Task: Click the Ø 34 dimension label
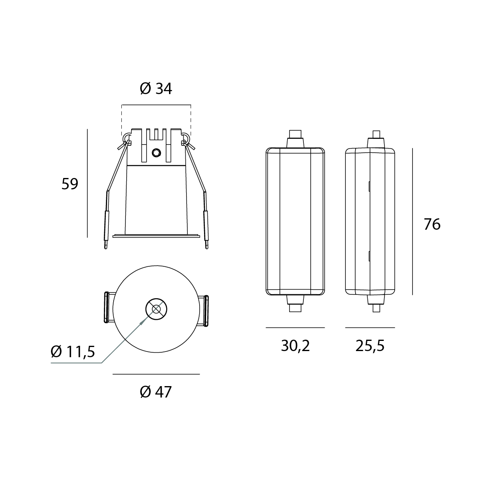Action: pyautogui.click(x=156, y=89)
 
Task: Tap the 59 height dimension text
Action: pyautogui.click(x=70, y=184)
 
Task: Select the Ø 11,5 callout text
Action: pyautogui.click(x=73, y=351)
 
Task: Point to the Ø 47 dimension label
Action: pyautogui.click(x=156, y=392)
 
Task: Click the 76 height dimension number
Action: pyautogui.click(x=432, y=224)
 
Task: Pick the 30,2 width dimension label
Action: pyautogui.click(x=295, y=346)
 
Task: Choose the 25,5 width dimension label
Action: pyautogui.click(x=370, y=346)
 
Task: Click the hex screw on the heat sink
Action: pyautogui.click(x=156, y=152)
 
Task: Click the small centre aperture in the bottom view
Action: pyautogui.click(x=156, y=309)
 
